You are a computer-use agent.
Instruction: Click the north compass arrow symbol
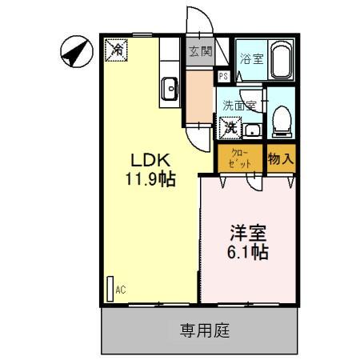coord(74,53)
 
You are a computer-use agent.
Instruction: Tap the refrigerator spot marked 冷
coord(117,50)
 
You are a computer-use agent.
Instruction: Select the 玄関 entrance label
coord(200,52)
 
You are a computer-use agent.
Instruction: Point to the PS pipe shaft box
coord(224,77)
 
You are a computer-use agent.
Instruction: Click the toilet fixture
coord(280,120)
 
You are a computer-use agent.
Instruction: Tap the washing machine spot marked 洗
coord(230,126)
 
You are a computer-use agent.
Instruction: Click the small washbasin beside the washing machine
coord(252,130)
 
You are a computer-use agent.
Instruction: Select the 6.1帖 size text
coord(248,251)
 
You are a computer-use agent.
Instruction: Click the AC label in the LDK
coord(121,290)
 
